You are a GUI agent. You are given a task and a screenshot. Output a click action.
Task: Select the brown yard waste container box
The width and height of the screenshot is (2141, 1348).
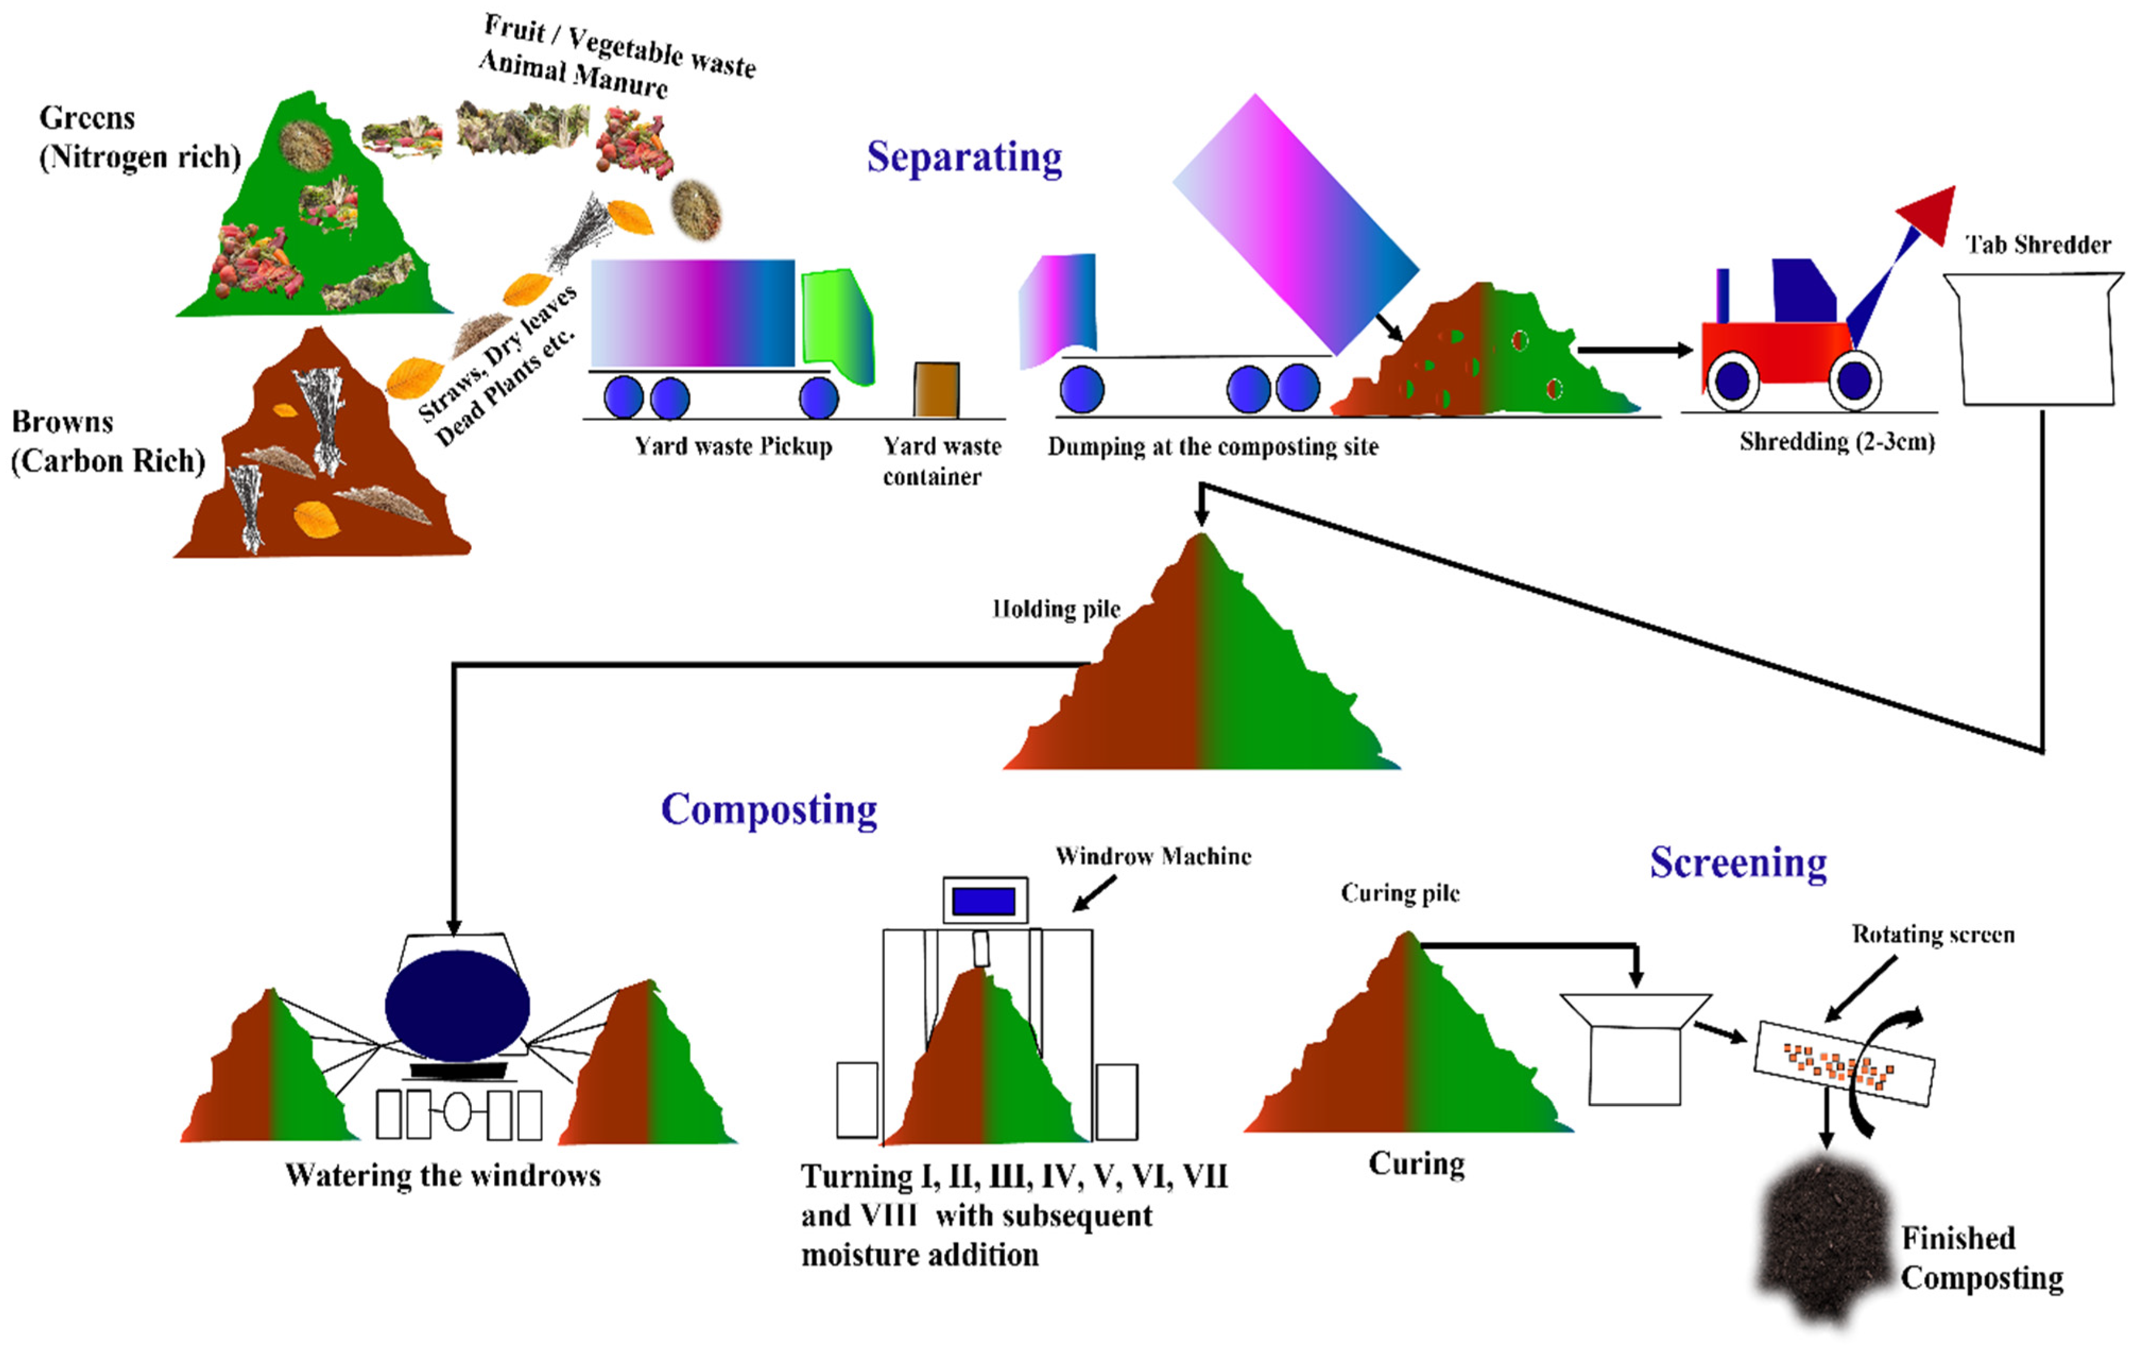coord(936,390)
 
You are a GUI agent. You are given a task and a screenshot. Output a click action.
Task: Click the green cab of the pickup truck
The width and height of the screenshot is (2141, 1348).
coord(836,325)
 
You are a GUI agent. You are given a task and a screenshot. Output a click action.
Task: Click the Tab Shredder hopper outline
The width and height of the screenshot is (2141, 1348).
coord(2036,338)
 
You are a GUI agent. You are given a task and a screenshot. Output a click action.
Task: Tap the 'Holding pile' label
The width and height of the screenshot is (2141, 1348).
coord(1056,609)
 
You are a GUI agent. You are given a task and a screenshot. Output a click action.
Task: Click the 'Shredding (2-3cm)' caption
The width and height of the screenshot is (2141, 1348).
coord(1836,442)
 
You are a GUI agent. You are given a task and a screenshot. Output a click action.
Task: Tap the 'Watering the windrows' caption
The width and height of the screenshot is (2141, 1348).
coord(442,1176)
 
